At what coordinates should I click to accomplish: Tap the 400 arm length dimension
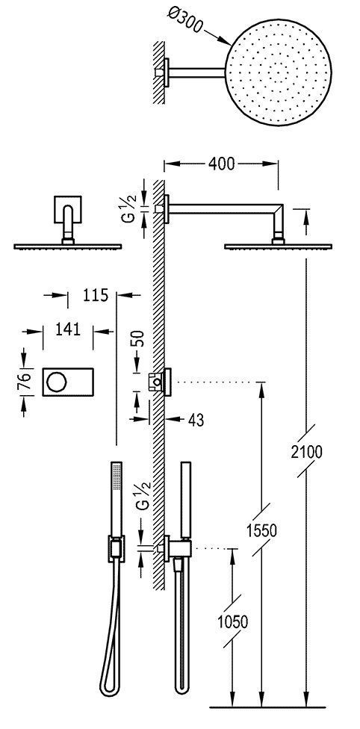click(x=222, y=163)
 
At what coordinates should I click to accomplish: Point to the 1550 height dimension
click(x=264, y=531)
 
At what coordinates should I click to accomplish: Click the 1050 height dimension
click(x=234, y=622)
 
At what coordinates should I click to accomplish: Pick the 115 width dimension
click(x=92, y=296)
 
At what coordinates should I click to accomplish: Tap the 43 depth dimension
click(x=196, y=420)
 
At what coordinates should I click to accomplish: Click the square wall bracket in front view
click(x=68, y=210)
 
